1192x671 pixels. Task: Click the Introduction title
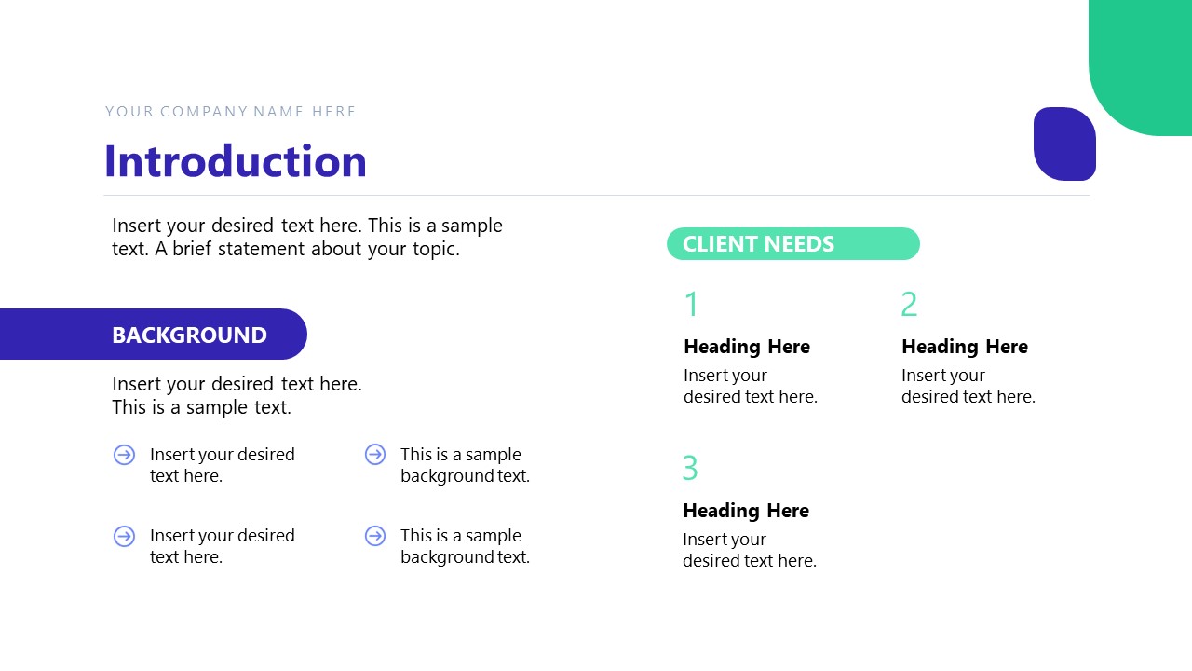[x=236, y=161]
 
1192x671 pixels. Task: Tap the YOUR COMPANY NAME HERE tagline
[x=231, y=112]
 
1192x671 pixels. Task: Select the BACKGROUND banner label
[x=189, y=335]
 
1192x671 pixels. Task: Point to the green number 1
[x=691, y=305]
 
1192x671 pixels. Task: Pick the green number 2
[x=909, y=305]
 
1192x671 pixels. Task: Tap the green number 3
[x=690, y=468]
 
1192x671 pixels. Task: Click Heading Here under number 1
[x=747, y=347]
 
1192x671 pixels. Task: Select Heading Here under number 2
[x=965, y=347]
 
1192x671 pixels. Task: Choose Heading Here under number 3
[x=746, y=511]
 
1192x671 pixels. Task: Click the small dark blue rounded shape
[x=1064, y=144]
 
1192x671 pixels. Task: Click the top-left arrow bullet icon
[x=124, y=455]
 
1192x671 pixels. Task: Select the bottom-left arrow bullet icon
[x=124, y=536]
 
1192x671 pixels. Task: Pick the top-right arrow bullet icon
[x=375, y=455]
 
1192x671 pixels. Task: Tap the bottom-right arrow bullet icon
[x=375, y=536]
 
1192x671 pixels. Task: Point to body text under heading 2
[x=968, y=386]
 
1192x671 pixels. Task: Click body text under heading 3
[x=750, y=550]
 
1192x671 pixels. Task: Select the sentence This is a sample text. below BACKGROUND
[x=201, y=407]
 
